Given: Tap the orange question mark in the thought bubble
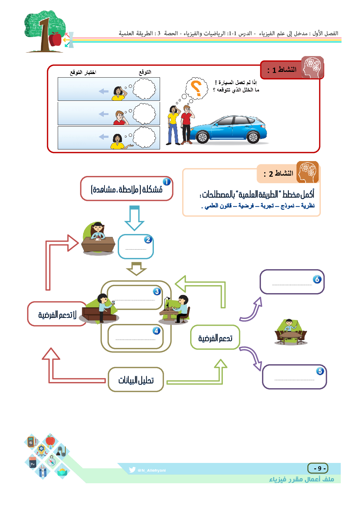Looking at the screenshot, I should coord(196,89).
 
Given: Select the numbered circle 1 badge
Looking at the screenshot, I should coord(167,182).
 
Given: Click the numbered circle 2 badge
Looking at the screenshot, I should coord(148,239).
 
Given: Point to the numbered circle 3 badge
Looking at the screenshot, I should coord(157,291).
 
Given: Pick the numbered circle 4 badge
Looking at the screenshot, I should coord(156,331).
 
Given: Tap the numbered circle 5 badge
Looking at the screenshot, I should coord(320,371).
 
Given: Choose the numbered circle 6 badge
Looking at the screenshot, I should coord(317,279).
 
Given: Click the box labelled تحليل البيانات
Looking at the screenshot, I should coord(136,380).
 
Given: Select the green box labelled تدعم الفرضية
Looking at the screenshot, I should coord(215,338).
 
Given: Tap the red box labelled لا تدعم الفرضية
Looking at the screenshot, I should coord(57,314).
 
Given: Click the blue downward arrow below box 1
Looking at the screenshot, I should coord(134,218).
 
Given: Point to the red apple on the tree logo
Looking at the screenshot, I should coord(55,39).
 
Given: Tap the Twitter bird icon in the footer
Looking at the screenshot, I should coord(132,470).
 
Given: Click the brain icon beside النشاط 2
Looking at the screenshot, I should coord(307,172).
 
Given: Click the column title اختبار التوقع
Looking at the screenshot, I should coord(83,72).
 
